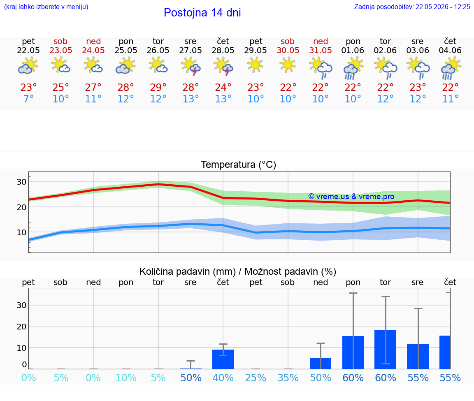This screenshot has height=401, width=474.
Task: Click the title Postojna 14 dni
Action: [x=202, y=13]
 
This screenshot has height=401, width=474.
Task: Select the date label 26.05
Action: [x=158, y=51]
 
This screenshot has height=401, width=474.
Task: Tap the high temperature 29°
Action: [x=158, y=87]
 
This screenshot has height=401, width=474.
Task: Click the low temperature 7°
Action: [x=28, y=99]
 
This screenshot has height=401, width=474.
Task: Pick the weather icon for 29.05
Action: [x=255, y=65]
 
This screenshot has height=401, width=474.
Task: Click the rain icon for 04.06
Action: [x=451, y=68]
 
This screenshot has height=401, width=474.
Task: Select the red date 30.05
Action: [x=288, y=51]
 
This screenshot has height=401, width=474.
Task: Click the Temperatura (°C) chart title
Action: [x=239, y=165]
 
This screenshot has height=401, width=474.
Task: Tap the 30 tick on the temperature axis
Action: [x=21, y=182]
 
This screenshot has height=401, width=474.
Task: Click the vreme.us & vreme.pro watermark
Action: [x=351, y=197]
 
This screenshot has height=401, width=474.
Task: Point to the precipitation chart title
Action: [x=238, y=272]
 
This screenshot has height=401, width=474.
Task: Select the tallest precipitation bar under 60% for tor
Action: [x=386, y=349]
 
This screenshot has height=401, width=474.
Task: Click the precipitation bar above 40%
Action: [x=223, y=359]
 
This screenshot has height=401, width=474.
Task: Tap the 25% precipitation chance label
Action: [x=256, y=378]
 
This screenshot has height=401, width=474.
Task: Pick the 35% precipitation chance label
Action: [x=288, y=378]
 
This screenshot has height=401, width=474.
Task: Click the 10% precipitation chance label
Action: [x=126, y=378]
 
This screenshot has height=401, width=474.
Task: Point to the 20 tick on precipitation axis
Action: [x=21, y=327]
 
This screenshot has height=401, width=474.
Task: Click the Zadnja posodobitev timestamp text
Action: [x=412, y=7]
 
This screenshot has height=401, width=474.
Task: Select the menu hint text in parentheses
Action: [x=46, y=7]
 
